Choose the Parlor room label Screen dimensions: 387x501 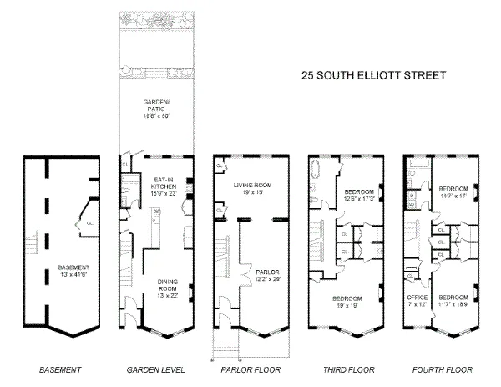point(268,275)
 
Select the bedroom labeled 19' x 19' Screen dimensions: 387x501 point(347,303)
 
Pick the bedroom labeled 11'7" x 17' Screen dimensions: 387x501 point(453,193)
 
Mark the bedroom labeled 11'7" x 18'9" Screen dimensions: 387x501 point(453,301)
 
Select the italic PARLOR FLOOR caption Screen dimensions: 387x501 point(250,369)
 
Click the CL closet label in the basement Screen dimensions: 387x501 point(77,222)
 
